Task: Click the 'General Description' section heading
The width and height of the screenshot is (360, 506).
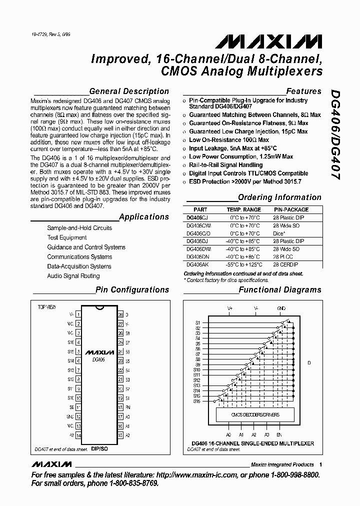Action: coord(129,91)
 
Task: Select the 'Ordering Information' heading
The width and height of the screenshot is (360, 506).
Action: coord(279,197)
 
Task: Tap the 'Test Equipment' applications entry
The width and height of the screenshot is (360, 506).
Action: coord(67,237)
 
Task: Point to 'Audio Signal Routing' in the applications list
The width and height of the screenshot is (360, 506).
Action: coord(73,276)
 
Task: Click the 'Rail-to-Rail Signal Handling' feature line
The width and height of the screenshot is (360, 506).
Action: coord(225,165)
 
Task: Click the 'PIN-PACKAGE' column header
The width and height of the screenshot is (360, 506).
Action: coord(291,210)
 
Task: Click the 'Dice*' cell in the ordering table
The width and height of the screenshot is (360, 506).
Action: coord(279,233)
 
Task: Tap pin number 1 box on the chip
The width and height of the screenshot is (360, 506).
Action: coord(78,314)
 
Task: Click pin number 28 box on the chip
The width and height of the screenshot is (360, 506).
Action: coord(120,314)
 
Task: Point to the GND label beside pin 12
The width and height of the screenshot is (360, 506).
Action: coord(70,416)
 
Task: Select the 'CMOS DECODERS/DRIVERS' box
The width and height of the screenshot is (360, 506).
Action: coord(255,414)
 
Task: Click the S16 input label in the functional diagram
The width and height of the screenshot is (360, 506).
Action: coord(197,401)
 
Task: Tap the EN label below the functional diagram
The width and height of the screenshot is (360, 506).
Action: coord(279,434)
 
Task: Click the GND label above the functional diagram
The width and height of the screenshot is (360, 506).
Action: coord(281,308)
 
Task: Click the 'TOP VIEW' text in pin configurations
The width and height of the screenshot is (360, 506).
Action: coord(47,306)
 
